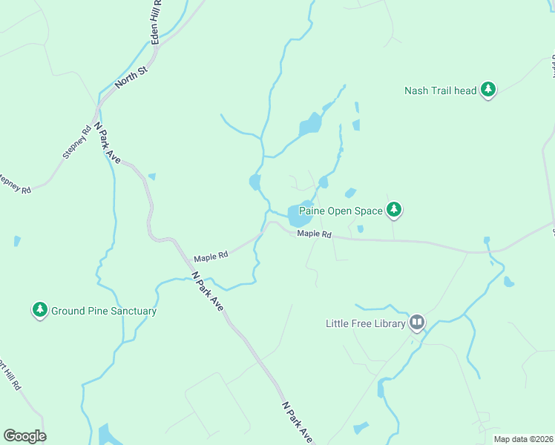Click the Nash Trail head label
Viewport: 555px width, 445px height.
pos(440,90)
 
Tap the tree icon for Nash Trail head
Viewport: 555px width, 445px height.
pos(487,90)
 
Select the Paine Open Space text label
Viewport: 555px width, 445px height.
pos(341,211)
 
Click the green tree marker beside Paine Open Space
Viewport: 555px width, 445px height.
pos(395,211)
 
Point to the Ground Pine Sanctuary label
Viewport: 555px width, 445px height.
pos(104,311)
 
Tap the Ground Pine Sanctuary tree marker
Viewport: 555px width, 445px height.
pos(39,310)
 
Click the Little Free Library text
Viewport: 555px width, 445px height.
pos(366,323)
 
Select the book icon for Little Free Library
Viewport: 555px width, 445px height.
pos(417,323)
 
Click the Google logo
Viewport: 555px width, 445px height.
pos(24,435)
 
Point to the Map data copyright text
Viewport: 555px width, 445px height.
pos(524,439)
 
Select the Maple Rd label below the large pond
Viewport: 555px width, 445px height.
pos(314,234)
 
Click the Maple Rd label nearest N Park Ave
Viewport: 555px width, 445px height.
pos(211,257)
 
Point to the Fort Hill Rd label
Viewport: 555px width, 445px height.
pos(7,375)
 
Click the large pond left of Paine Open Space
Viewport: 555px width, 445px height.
pos(300,215)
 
